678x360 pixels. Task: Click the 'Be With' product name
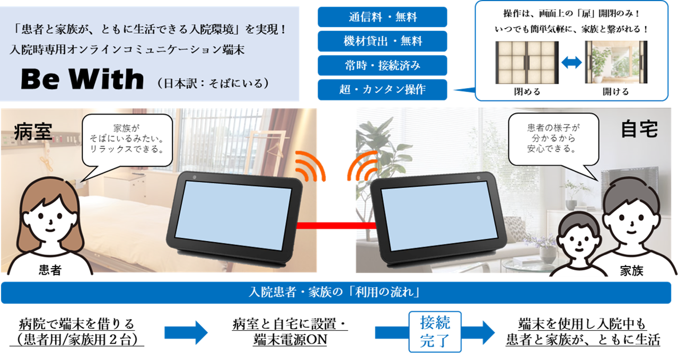(x=82, y=80)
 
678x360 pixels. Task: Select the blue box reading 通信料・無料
(x=382, y=17)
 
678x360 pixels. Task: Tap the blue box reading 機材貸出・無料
(x=382, y=41)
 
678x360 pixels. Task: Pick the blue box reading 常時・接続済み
(x=382, y=66)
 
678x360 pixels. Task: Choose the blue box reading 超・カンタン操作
(x=382, y=90)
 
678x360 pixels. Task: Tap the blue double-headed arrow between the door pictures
(x=571, y=63)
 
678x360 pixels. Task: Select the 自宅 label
(x=639, y=129)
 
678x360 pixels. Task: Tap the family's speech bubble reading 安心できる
(x=551, y=138)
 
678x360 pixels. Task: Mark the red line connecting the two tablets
(x=333, y=225)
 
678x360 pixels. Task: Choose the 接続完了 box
(x=435, y=331)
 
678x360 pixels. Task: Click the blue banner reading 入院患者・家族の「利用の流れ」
(x=339, y=292)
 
